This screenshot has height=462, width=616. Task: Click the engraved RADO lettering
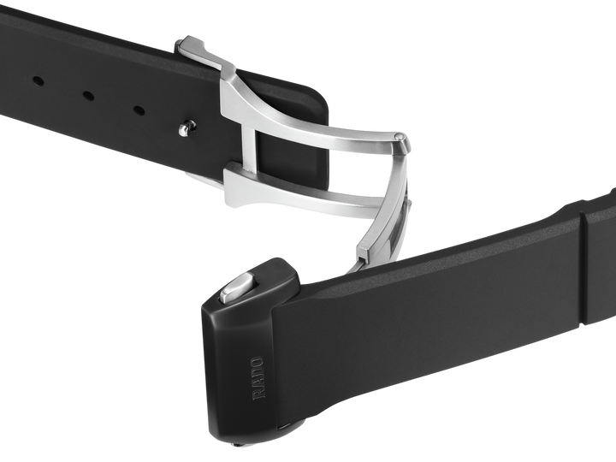coord(258,378)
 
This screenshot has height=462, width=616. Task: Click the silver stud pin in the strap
coord(187,127)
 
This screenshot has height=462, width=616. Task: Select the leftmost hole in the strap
coord(38,81)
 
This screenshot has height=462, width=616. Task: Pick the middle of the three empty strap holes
coord(88,96)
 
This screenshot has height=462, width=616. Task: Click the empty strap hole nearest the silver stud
coord(139,110)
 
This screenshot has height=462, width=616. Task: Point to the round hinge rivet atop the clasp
coord(400,137)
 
